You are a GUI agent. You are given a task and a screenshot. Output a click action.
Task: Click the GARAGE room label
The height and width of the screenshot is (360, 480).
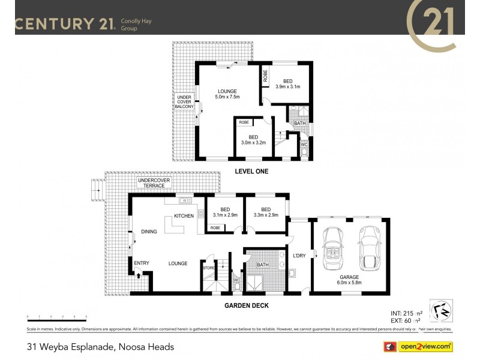pos(349,277)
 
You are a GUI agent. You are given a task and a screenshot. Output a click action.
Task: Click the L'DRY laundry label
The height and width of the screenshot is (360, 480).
pos(299,256)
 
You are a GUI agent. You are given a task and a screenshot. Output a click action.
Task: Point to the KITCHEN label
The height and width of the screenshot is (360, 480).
pos(184,216)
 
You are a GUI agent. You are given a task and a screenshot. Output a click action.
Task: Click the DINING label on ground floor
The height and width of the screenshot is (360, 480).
pos(149,231)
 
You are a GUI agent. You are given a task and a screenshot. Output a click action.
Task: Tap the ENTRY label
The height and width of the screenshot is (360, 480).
pos(142,263)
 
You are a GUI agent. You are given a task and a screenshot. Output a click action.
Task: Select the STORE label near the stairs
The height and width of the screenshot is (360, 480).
pos(208,268)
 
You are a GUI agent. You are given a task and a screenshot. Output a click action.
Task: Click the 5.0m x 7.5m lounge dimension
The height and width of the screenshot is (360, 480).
pos(228,97)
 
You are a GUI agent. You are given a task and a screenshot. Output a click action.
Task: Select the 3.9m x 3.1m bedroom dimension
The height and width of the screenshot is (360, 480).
pos(287,87)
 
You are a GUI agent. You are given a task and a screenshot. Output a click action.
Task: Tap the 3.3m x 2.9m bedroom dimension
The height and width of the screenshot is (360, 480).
pos(266,215)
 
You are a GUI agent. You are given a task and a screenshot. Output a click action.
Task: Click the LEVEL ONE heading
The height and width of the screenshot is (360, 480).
pos(251,172)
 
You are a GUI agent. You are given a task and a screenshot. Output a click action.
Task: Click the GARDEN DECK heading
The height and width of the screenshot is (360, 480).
pos(247,305)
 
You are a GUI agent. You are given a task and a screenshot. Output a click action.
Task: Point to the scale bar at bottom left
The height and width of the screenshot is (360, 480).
pos(56,316)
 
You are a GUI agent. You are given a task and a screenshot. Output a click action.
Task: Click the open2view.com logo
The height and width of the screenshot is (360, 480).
pos(418,346)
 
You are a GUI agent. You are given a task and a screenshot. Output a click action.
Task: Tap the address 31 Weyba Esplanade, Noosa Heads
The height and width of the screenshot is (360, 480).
pos(100,347)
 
